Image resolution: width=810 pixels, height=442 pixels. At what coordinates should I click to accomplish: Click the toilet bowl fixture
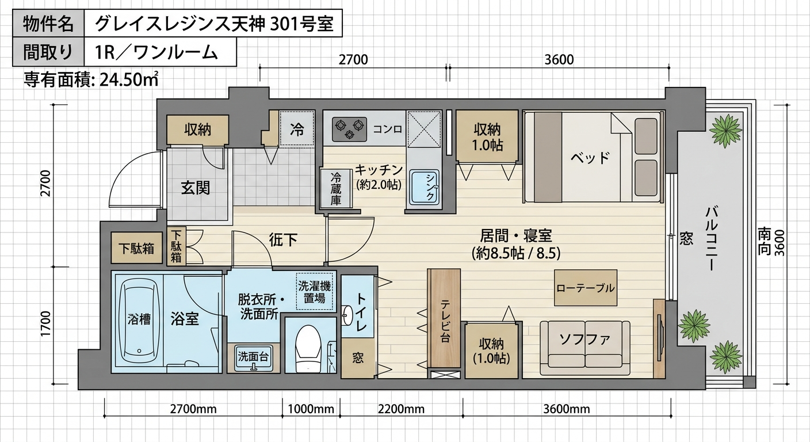[308, 349]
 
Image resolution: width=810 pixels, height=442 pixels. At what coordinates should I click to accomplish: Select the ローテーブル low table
[586, 288]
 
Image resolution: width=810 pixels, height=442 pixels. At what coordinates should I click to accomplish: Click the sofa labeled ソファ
[584, 348]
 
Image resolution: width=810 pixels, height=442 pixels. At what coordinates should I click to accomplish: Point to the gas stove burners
[349, 129]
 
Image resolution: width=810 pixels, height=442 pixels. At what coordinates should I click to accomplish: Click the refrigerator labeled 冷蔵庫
[336, 188]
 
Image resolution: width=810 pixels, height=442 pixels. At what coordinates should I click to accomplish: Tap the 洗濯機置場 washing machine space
[314, 291]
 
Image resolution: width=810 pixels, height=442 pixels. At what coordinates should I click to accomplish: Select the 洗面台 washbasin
[253, 358]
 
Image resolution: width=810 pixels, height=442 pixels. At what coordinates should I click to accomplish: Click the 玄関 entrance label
[196, 188]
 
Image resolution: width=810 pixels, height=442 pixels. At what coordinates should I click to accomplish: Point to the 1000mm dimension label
[311, 409]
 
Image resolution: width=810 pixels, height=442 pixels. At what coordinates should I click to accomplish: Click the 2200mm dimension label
[401, 409]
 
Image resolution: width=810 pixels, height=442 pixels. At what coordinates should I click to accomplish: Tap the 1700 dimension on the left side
[46, 323]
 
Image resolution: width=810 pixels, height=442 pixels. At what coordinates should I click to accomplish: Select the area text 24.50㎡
[128, 79]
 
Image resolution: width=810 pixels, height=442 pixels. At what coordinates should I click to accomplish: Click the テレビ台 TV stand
[444, 318]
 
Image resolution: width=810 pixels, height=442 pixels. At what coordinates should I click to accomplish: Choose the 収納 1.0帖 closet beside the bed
[487, 136]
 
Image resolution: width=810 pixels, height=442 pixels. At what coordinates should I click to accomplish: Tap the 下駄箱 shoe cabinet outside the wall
[136, 248]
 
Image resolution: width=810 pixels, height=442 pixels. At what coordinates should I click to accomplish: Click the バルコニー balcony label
[712, 238]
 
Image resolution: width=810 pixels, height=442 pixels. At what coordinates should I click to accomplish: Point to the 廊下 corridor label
[283, 239]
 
